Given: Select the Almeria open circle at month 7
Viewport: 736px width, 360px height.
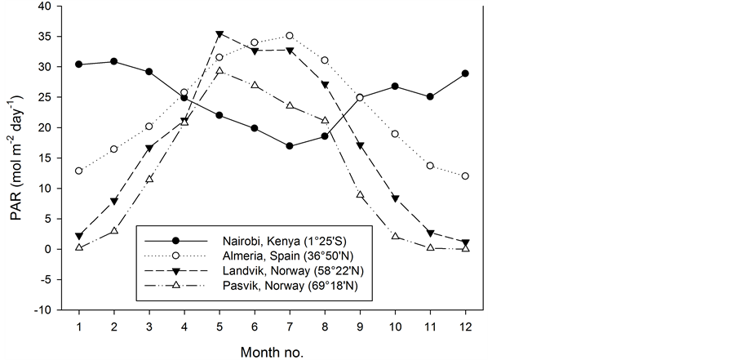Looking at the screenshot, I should pos(290,36).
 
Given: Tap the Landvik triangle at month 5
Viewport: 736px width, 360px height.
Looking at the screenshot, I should pos(219,34).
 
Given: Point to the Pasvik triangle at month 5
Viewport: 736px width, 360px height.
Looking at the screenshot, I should pos(219,71).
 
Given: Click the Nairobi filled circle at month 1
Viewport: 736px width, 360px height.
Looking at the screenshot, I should pos(79,64).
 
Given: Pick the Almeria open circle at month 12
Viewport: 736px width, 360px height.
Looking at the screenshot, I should pos(465,176).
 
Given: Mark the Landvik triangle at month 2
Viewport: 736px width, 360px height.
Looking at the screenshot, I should pos(114,201).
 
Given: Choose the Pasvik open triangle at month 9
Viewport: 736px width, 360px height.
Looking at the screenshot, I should pos(360,194).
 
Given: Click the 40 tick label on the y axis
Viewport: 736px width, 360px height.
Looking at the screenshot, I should pos(43,7).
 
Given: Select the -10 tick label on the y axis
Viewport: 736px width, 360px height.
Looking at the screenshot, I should pos(41,310).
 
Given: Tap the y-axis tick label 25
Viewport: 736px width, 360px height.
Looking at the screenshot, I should pos(43,98).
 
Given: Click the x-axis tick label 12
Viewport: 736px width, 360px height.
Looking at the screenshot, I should pos(465,326).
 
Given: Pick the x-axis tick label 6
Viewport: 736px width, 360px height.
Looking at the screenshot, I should pos(255,326).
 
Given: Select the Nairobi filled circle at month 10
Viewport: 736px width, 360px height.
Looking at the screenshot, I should pos(395,87).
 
